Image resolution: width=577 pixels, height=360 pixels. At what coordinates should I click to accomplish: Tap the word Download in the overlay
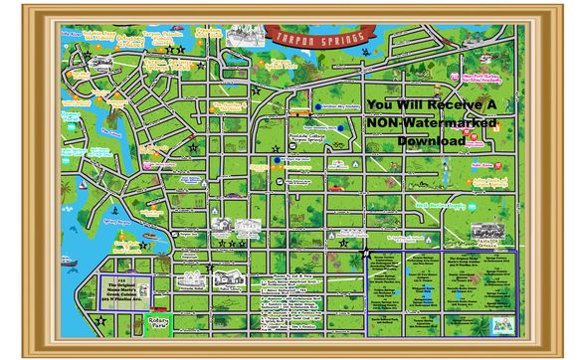[431, 141]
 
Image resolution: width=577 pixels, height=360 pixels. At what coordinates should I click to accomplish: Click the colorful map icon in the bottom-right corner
[506, 321]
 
